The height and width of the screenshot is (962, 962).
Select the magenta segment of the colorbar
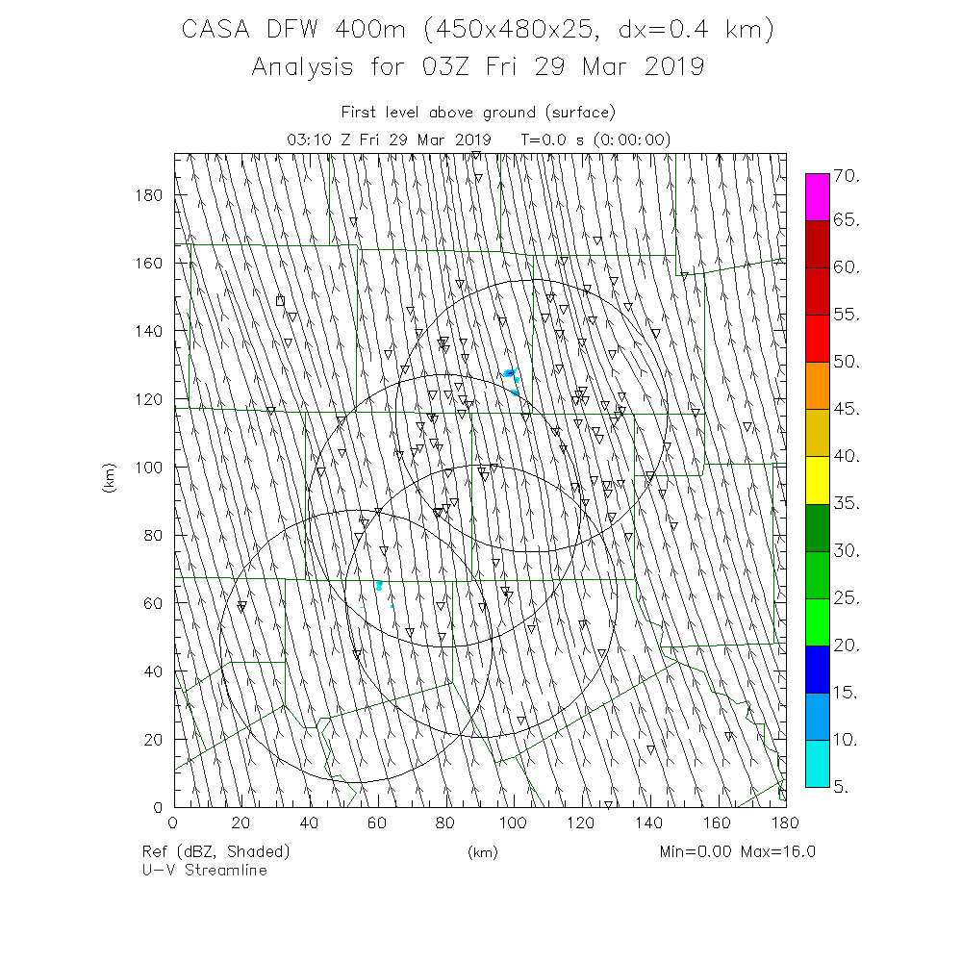(x=817, y=197)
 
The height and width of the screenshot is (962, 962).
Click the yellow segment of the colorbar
(x=817, y=479)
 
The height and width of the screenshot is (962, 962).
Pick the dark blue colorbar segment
(x=817, y=669)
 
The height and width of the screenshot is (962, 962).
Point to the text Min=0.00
(x=695, y=851)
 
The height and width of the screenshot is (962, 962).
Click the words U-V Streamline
(x=204, y=870)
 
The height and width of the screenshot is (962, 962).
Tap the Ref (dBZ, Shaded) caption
(x=215, y=851)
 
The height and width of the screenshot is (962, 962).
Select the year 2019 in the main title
(x=670, y=66)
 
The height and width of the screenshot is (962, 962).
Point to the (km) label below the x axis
(x=478, y=851)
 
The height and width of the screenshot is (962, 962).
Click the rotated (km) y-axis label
(x=109, y=479)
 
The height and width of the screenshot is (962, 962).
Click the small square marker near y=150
(x=280, y=300)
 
